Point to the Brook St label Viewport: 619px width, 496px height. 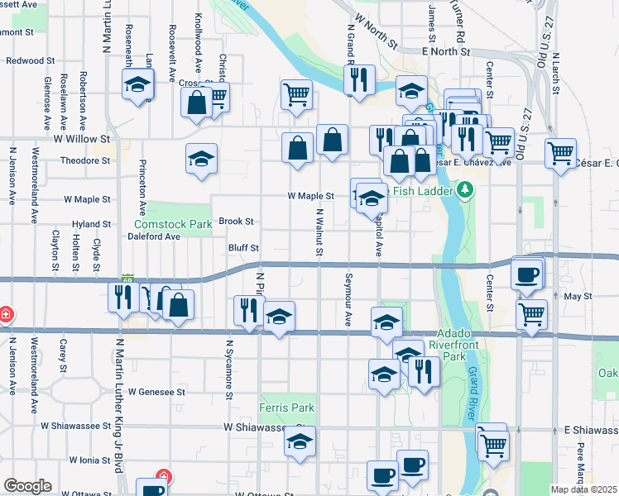click(x=236, y=222)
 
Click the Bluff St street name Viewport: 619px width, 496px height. click(x=243, y=247)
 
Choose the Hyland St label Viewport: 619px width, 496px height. click(x=91, y=224)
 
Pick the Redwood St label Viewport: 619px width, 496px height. click(x=30, y=60)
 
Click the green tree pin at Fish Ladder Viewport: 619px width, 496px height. click(x=465, y=192)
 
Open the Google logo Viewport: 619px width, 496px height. click(x=27, y=486)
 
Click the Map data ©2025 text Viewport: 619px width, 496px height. click(x=583, y=489)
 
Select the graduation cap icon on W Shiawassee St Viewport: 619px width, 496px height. click(x=300, y=441)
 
